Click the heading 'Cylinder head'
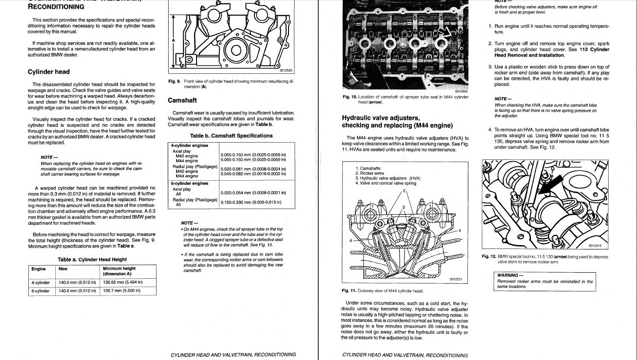49,72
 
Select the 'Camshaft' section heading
182,100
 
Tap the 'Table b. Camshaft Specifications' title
231,136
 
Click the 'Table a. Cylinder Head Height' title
92,259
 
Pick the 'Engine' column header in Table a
39,268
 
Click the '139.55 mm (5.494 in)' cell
123,282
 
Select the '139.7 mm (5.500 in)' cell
121,291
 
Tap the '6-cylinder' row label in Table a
40,291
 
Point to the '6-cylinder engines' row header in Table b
190,183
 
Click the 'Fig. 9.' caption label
174,81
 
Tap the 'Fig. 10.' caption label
349,97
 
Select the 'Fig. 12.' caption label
489,257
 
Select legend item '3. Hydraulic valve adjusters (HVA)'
387,178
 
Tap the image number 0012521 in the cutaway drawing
458,279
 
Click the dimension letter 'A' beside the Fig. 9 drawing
174,40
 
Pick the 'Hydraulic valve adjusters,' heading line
381,118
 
